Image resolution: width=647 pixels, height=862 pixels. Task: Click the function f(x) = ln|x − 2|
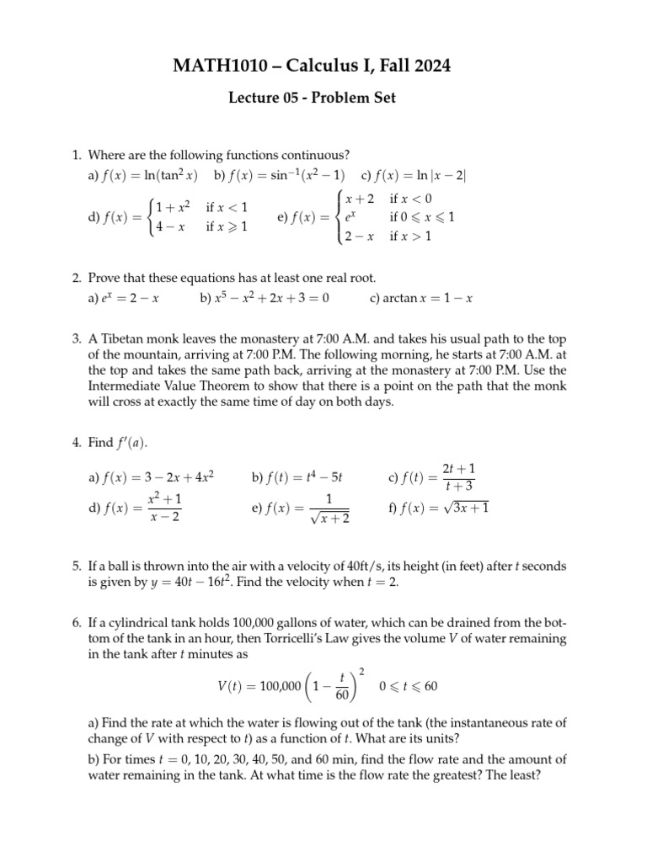[x=413, y=175]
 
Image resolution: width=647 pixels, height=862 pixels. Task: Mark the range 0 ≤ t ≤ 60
[x=409, y=687]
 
